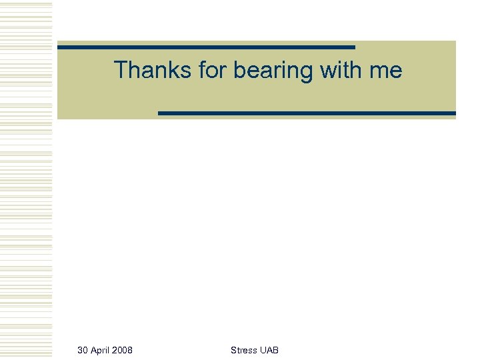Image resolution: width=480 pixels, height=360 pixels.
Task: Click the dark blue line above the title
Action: point(206,47)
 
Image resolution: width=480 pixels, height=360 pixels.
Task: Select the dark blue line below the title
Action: point(307,113)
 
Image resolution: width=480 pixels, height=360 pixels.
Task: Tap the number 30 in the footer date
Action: point(83,350)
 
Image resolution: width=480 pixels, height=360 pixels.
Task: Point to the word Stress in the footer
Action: point(243,350)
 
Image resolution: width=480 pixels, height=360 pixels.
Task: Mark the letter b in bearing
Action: point(239,70)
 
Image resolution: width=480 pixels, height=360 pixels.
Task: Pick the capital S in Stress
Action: point(233,350)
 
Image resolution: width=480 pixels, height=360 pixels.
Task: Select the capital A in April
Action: point(93,350)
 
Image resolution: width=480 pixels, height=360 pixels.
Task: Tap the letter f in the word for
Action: point(201,70)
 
